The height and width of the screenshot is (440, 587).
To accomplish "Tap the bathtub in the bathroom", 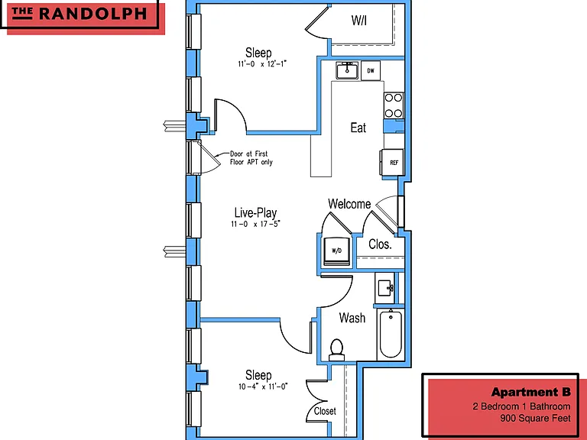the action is pyautogui.click(x=391, y=334).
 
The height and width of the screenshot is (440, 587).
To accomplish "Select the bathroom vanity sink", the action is pyautogui.click(x=385, y=288).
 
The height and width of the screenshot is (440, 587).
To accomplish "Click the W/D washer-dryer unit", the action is pyautogui.click(x=336, y=251).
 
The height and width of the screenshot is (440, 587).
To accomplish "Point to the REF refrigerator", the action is pyautogui.click(x=392, y=163).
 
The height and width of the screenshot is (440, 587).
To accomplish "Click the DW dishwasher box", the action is pyautogui.click(x=371, y=71).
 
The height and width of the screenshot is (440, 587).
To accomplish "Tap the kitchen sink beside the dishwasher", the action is pyautogui.click(x=347, y=71).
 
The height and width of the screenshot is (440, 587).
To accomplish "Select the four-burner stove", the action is pyautogui.click(x=394, y=105).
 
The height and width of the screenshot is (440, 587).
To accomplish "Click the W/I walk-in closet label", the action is pyautogui.click(x=359, y=21).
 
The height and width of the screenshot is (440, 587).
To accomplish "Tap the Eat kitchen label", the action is pyautogui.click(x=358, y=128).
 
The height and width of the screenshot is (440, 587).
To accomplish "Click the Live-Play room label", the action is pyautogui.click(x=256, y=212).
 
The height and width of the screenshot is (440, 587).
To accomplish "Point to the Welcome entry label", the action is pyautogui.click(x=349, y=204).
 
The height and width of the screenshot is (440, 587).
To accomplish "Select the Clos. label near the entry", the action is pyautogui.click(x=380, y=244).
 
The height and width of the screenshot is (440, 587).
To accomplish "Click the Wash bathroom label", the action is pyautogui.click(x=352, y=318).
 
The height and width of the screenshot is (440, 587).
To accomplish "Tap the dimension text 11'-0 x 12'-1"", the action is pyautogui.click(x=262, y=64).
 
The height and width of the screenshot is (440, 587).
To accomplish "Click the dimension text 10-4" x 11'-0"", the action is pyautogui.click(x=263, y=387).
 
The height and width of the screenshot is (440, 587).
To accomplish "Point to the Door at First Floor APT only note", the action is pyautogui.click(x=251, y=158).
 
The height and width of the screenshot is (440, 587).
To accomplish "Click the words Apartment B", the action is pyautogui.click(x=531, y=392).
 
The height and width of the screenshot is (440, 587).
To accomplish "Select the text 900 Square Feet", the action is pyautogui.click(x=535, y=419).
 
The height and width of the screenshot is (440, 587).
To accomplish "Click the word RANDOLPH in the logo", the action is pyautogui.click(x=92, y=14).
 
